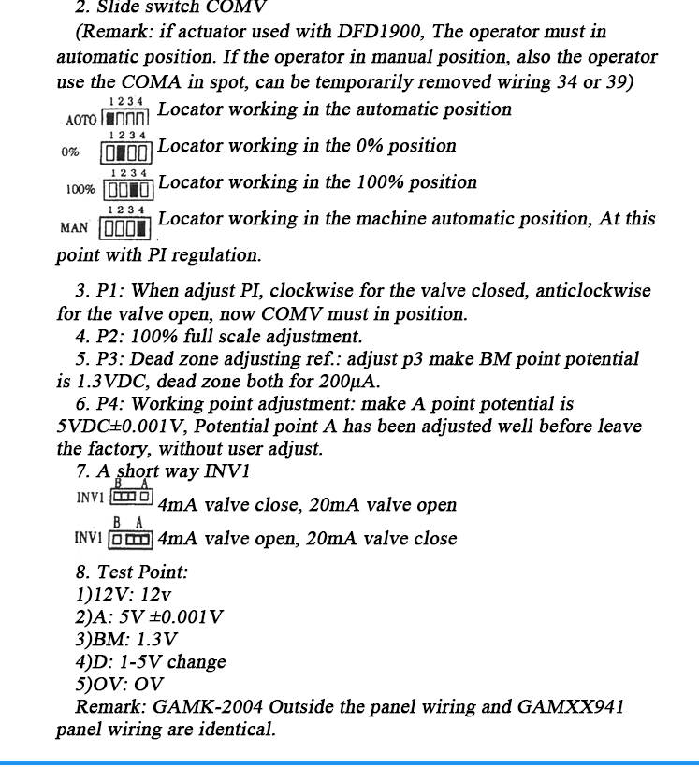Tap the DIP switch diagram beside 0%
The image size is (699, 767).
[126, 152]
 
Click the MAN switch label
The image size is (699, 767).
[74, 227]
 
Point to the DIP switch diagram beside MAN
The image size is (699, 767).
[126, 227]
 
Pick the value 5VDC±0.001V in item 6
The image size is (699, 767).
[123, 426]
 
